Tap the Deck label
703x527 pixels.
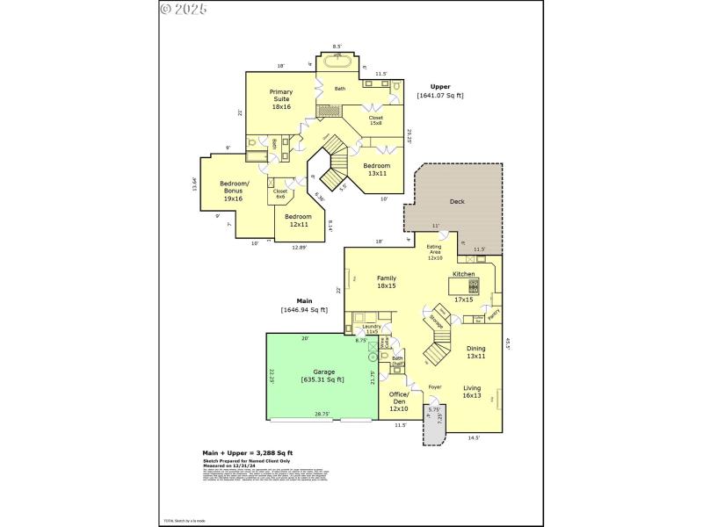457,202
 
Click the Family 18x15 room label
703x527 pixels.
387,282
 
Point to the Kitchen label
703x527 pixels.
463,274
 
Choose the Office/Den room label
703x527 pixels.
399,401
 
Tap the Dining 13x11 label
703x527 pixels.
475,351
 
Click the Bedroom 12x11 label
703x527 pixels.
298,220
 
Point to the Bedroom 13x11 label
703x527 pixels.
377,170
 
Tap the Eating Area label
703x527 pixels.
435,253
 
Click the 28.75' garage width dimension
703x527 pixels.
323,414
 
